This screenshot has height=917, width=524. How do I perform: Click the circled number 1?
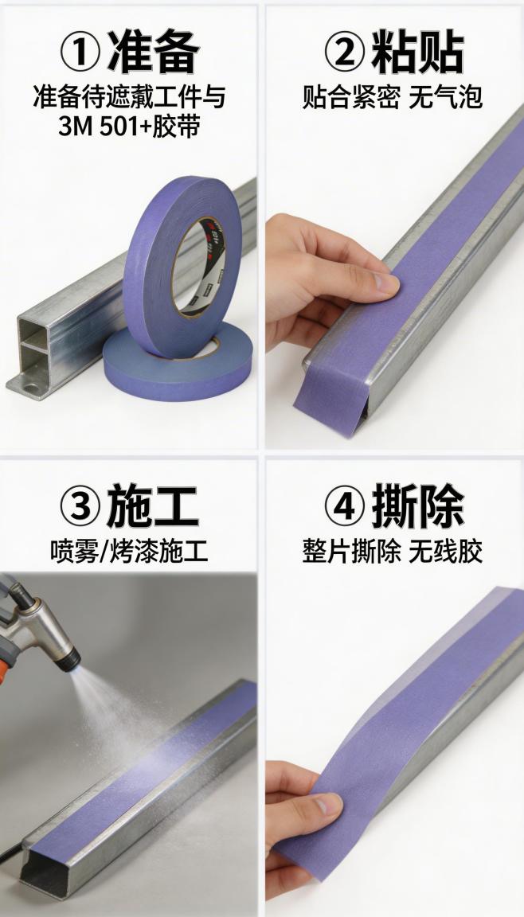(x=80, y=53)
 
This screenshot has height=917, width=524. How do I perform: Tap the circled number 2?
(x=344, y=53)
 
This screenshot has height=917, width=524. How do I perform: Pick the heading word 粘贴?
(x=417, y=53)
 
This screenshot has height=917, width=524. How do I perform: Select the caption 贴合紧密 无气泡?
(x=393, y=97)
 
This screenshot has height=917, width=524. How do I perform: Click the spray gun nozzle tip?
(x=73, y=658)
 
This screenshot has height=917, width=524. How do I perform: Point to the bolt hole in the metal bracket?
(x=33, y=388)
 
